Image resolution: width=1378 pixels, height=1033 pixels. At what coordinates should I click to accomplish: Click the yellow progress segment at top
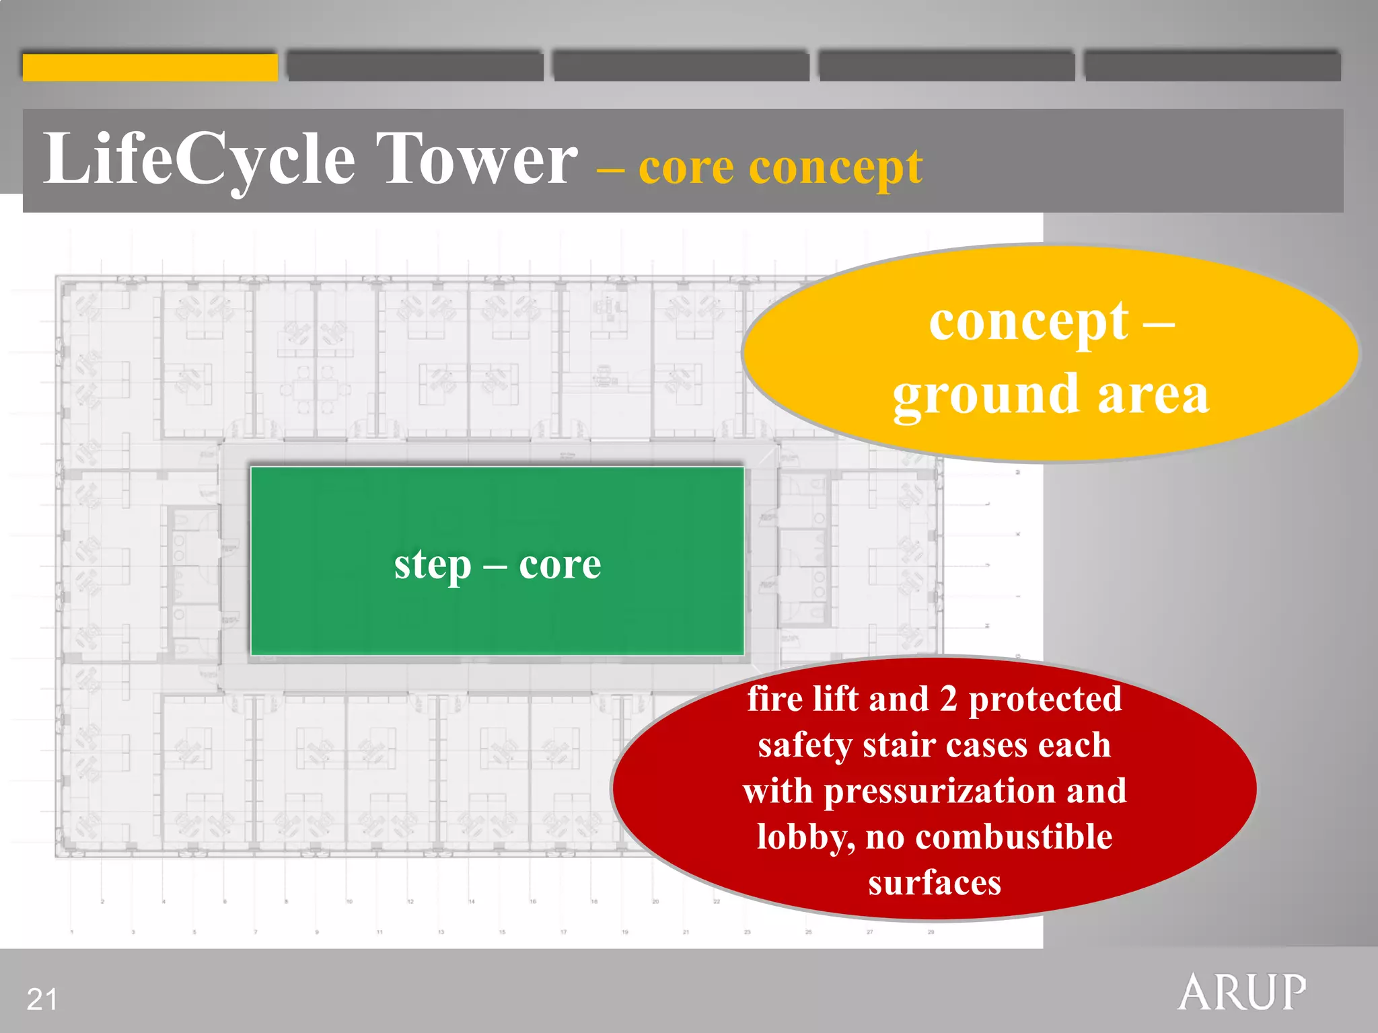(150, 67)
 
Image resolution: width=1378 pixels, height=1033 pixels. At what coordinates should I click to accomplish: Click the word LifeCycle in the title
(199, 160)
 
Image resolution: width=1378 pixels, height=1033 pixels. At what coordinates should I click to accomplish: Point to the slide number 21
(42, 999)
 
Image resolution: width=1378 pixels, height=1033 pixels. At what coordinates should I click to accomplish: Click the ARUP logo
(1242, 992)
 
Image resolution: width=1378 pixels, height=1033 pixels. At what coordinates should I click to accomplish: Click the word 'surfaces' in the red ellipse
(935, 882)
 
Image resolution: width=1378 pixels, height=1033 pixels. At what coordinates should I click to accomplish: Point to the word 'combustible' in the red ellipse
(1014, 837)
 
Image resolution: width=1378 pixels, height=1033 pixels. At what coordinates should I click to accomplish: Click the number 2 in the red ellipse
(949, 699)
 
